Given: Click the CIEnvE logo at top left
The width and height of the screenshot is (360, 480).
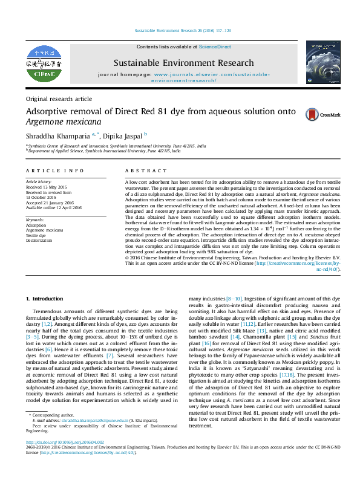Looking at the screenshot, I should pyautogui.click(x=48, y=62).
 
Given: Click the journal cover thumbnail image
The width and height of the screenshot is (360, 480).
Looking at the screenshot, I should pyautogui.click(x=322, y=62).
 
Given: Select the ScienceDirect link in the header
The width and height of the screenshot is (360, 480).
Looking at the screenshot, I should pyautogui.click(x=215, y=47).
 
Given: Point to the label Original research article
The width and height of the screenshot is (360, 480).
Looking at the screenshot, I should pyautogui.click(x=59, y=99).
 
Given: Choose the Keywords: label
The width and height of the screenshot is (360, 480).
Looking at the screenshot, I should pyautogui.click(x=35, y=219).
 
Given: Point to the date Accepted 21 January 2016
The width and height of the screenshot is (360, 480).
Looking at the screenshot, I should pyautogui.click(x=51, y=203).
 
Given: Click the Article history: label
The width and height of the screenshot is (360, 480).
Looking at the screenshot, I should pyautogui.click(x=39, y=181).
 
